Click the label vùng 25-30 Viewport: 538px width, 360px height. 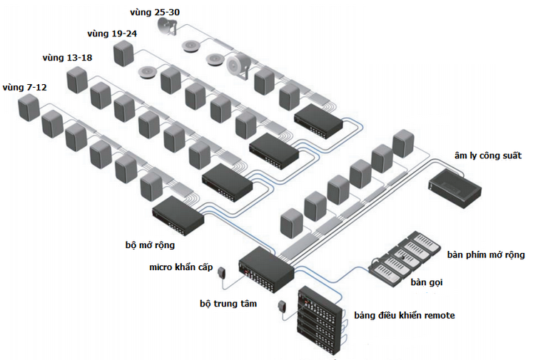[x=154, y=12]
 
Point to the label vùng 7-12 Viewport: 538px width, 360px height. [x=25, y=87]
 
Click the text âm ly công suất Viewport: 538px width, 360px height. [x=488, y=155]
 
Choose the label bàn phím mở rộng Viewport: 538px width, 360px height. [x=486, y=254]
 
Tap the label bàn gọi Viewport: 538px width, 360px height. [x=427, y=282]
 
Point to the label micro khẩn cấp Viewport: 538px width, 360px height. [x=181, y=267]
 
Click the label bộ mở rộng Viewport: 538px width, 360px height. [x=149, y=245]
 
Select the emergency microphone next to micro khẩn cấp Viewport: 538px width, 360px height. [x=223, y=272]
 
